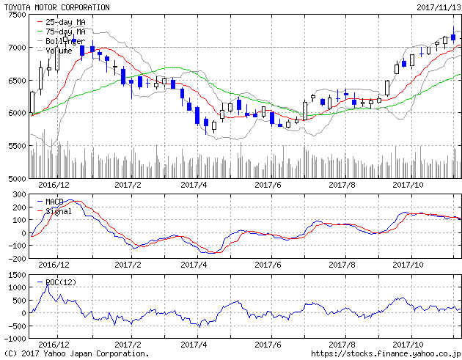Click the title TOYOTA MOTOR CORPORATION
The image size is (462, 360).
click(57, 7)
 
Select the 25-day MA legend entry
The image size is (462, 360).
click(65, 23)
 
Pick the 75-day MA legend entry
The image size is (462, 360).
click(65, 32)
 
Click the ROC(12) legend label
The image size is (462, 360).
click(60, 282)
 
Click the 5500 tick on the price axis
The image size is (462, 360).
click(15, 146)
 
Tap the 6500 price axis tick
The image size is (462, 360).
click(15, 81)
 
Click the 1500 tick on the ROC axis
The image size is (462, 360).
click(15, 274)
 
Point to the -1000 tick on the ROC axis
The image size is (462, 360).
click(12, 339)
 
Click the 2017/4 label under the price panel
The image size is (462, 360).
click(194, 185)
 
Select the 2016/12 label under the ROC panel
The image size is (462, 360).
click(53, 344)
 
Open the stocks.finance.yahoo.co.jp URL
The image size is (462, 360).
click(386, 353)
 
